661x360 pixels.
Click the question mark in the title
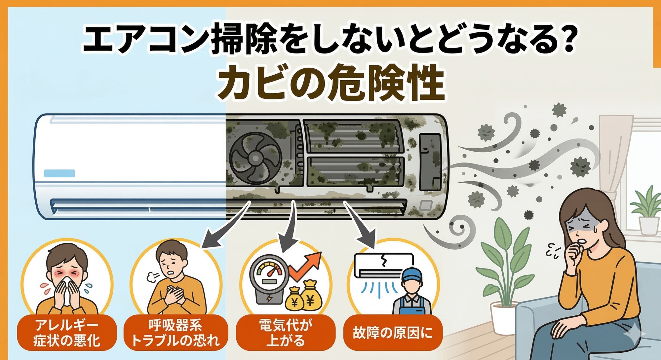[564, 39]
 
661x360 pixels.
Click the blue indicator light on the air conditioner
[59, 173]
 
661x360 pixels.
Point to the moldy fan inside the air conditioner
[255, 158]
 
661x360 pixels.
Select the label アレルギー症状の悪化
[66, 333]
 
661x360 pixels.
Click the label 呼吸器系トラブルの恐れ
[175, 333]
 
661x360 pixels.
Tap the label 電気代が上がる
[286, 333]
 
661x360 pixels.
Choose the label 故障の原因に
[393, 333]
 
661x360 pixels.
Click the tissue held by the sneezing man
[67, 291]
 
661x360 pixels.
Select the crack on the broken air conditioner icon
[383, 260]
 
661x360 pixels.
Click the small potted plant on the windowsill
[648, 211]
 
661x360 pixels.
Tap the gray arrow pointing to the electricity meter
[288, 231]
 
